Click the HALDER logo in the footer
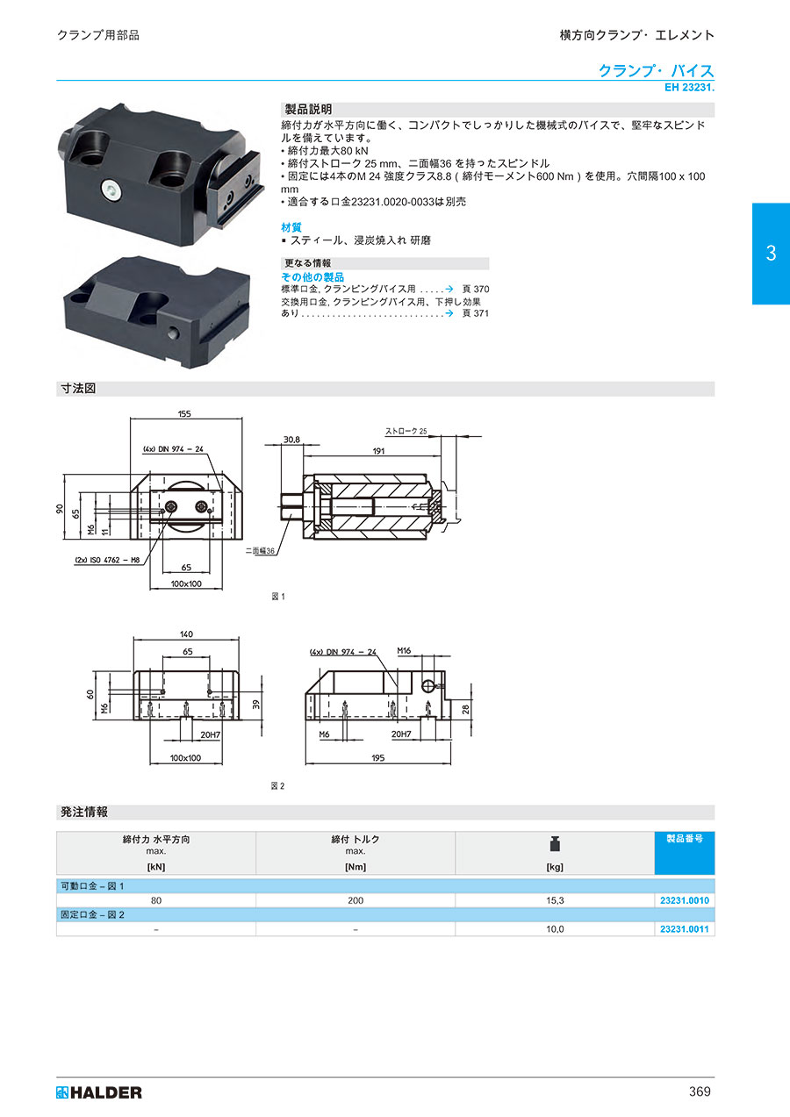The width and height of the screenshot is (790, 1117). [x=98, y=1092]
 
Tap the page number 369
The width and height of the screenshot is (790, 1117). [x=700, y=1092]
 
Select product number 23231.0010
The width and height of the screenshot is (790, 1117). [x=685, y=900]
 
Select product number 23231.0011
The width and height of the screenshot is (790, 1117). [x=685, y=928]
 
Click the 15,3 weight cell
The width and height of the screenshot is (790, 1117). [x=555, y=900]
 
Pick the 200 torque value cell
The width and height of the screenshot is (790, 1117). [x=355, y=900]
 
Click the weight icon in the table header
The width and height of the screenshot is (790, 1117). [x=555, y=844]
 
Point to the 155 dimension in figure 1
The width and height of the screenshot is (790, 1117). [x=184, y=413]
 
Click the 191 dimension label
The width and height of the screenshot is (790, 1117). [x=378, y=451]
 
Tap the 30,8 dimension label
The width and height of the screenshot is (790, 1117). [x=291, y=440]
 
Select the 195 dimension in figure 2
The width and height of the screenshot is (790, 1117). [x=377, y=757]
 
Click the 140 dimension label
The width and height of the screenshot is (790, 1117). [x=186, y=634]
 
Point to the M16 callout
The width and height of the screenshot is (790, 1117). [x=404, y=650]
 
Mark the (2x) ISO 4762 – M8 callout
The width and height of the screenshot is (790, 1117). [x=107, y=560]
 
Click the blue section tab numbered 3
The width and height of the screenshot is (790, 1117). [x=771, y=254]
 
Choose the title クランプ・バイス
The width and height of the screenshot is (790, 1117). [x=656, y=71]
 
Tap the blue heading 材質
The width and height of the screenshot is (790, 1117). [x=291, y=227]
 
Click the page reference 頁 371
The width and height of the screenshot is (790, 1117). [x=475, y=313]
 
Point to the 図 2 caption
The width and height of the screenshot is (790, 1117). [x=277, y=786]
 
